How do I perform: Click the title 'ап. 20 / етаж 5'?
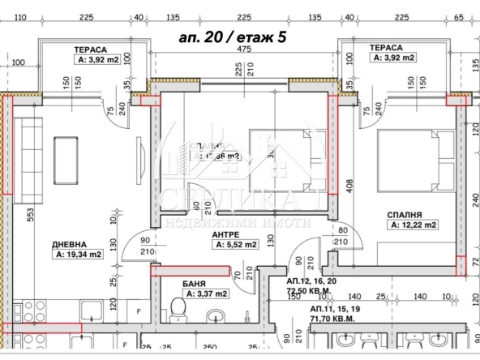231,37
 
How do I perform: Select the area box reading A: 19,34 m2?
79,254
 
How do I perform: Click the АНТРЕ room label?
226,234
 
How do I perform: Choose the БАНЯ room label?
197,283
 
